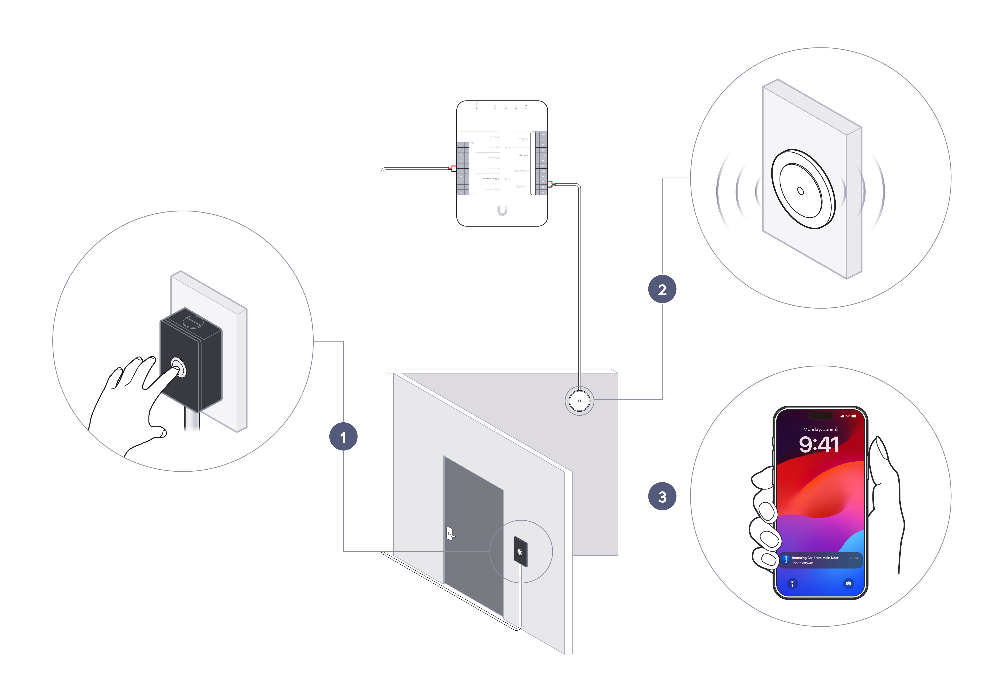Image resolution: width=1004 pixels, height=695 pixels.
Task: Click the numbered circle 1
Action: pyautogui.click(x=343, y=437)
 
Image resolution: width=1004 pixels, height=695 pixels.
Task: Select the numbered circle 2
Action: pyautogui.click(x=662, y=289)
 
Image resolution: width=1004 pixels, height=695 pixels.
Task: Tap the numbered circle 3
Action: pyautogui.click(x=662, y=496)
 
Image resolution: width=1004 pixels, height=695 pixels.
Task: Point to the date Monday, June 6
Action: pyautogui.click(x=820, y=429)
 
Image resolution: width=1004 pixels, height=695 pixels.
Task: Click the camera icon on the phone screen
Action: pyautogui.click(x=848, y=584)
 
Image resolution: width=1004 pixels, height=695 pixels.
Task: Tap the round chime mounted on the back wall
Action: pyautogui.click(x=579, y=401)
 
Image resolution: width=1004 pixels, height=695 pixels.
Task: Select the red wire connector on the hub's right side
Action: pyautogui.click(x=551, y=184)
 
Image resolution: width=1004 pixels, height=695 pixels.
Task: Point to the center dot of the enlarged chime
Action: pyautogui.click(x=800, y=191)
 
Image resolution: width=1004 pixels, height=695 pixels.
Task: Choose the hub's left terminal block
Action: pyautogui.click(x=462, y=168)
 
